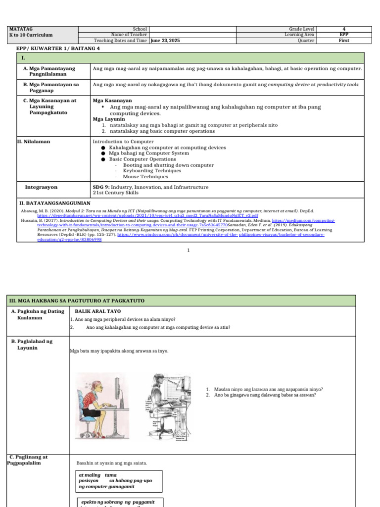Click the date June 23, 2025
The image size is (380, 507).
tap(165, 41)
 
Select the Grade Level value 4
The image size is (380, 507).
tap(343, 29)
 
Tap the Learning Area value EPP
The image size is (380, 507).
tap(343, 35)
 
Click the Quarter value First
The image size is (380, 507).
tap(343, 41)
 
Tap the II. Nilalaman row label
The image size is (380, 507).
tap(34, 142)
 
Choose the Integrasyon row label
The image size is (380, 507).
tap(41, 187)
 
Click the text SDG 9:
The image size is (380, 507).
tap(101, 187)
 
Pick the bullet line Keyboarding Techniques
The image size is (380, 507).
tap(145, 171)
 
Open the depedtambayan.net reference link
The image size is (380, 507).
tap(147, 216)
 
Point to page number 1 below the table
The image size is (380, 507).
tap(189, 251)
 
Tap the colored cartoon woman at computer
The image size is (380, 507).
tap(100, 406)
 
